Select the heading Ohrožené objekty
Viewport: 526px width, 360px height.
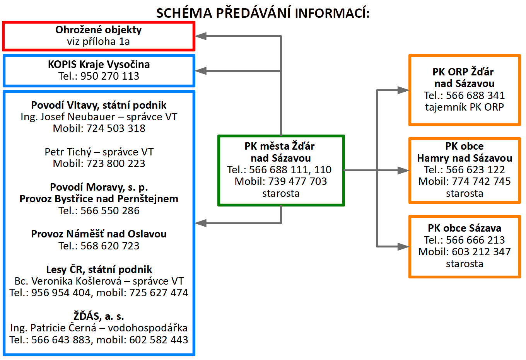pyautogui.click(x=98, y=30)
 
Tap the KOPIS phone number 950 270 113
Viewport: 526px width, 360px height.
pyautogui.click(x=110, y=76)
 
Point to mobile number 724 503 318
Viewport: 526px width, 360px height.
pyautogui.click(x=116, y=128)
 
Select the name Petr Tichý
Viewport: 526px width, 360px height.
pyautogui.click(x=68, y=152)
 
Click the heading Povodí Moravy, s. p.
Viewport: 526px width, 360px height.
pyautogui.click(x=99, y=187)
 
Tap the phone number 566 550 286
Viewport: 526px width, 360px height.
pyautogui.click(x=110, y=211)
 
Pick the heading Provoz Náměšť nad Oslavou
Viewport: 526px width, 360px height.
pyautogui.click(x=99, y=234)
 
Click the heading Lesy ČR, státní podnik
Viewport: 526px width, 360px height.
pyautogui.click(x=99, y=270)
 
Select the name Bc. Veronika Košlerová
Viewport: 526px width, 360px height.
pyautogui.click(x=68, y=281)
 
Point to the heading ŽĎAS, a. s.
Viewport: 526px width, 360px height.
pyautogui.click(x=99, y=316)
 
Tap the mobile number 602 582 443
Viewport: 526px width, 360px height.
pyautogui.click(x=159, y=340)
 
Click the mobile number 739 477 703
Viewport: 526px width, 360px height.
pyautogui.click(x=297, y=181)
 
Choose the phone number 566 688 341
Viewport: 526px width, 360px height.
pyautogui.click(x=475, y=96)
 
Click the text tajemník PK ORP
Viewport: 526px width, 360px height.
pyautogui.click(x=465, y=107)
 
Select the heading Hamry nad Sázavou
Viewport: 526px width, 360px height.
pyautogui.click(x=465, y=158)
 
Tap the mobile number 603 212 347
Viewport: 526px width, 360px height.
pyautogui.click(x=481, y=252)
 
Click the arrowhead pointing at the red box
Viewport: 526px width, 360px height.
pyautogui.click(x=201, y=36)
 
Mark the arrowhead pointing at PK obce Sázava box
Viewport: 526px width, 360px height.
pyautogui.click(x=403, y=247)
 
